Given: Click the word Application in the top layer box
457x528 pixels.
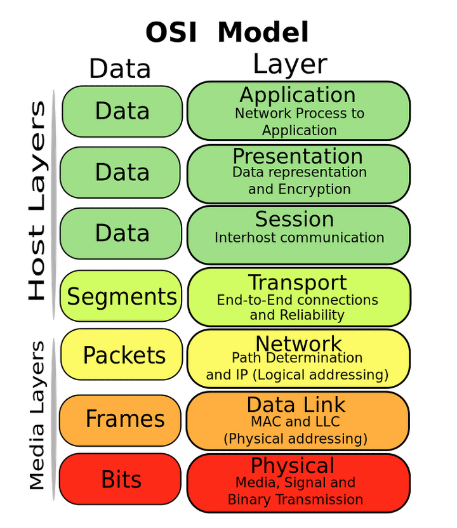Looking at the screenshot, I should pyautogui.click(x=297, y=95).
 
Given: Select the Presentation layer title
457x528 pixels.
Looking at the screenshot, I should pyautogui.click(x=297, y=156).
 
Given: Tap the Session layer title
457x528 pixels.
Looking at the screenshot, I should pyautogui.click(x=295, y=219).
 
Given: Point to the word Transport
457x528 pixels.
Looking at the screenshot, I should pyautogui.click(x=297, y=282).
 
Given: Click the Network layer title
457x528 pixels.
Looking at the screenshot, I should pyautogui.click(x=298, y=344).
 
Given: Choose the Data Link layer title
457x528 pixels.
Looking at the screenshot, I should pyautogui.click(x=296, y=405).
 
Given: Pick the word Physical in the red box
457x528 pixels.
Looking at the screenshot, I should pyautogui.click(x=293, y=466).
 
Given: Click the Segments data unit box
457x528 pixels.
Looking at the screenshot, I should pyautogui.click(x=122, y=296).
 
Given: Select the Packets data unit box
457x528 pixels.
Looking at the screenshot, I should pyautogui.click(x=124, y=355).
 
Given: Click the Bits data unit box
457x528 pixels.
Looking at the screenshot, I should pyautogui.click(x=121, y=480).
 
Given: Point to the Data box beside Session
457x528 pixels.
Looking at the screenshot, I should pyautogui.click(x=122, y=234).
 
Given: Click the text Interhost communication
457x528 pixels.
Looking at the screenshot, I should pyautogui.click(x=299, y=238).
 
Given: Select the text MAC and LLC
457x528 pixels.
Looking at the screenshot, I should pyautogui.click(x=295, y=421).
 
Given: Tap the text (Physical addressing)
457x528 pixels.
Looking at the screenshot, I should pyautogui.click(x=295, y=439).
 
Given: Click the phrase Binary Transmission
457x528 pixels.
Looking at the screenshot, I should pyautogui.click(x=295, y=499).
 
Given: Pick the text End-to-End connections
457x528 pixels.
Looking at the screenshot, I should pyautogui.click(x=297, y=300).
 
